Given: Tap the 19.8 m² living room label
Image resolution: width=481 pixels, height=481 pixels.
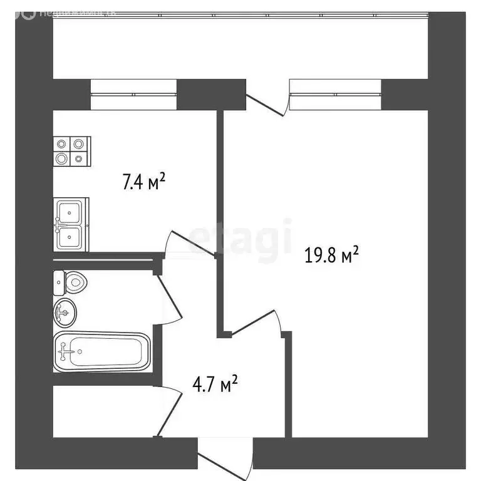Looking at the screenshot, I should (331, 255).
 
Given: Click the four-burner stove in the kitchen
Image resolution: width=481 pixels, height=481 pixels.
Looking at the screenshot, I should (70, 151).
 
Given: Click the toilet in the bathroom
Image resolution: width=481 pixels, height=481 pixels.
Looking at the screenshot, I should (70, 282).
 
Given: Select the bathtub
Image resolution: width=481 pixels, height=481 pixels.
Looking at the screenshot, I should (101, 353).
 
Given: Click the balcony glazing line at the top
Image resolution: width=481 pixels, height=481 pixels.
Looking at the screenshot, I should (238, 14).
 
